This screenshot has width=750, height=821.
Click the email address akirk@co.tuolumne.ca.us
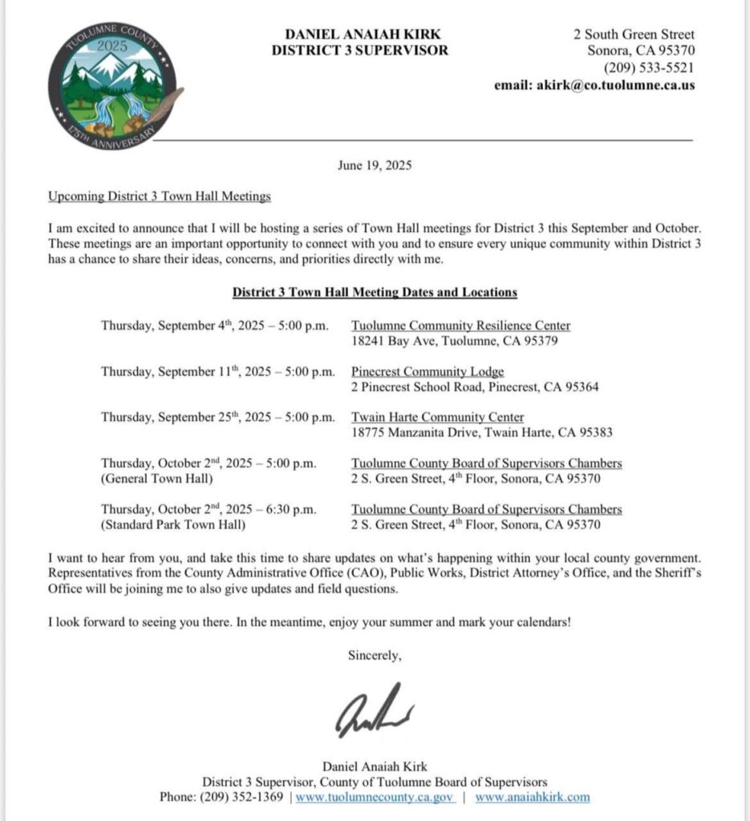point(614,85)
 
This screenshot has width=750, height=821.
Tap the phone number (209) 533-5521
point(649,68)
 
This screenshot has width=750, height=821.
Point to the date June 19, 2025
point(375,167)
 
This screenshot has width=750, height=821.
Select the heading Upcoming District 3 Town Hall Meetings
point(160,196)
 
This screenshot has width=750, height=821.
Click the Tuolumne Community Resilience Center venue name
point(461,326)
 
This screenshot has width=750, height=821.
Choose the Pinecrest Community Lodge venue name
point(428,372)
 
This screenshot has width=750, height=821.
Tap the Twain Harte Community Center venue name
point(438,418)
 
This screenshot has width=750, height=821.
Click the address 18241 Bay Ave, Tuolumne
point(454,341)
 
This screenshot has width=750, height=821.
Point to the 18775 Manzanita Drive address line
point(481,433)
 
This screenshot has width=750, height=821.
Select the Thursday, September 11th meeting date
point(217,372)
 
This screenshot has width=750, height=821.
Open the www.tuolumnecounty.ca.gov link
point(375,797)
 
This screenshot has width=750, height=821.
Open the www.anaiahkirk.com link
point(532,797)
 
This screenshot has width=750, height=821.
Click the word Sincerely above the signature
point(375,655)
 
